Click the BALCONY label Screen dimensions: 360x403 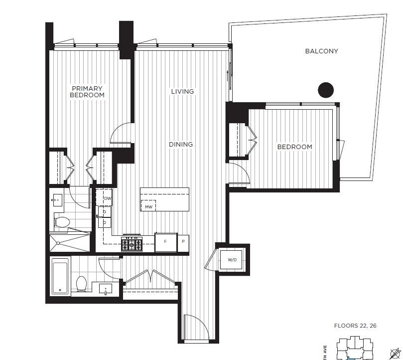(x=322, y=51)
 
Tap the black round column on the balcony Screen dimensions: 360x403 (x=326, y=90)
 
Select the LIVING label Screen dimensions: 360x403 (x=182, y=92)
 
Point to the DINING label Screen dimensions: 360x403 (x=180, y=145)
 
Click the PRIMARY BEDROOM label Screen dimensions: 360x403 (x=87, y=92)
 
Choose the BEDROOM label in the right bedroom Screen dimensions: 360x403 (x=294, y=147)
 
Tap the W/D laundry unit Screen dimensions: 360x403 (x=232, y=260)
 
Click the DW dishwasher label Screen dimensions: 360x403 (x=107, y=198)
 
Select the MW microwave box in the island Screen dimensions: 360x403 (x=148, y=206)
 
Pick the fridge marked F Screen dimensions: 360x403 (x=166, y=242)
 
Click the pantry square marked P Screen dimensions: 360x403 (x=183, y=242)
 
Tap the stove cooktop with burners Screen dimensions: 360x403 (x=132, y=243)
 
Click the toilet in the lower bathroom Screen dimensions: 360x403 (x=82, y=283)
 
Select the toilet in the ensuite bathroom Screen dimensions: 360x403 (x=62, y=222)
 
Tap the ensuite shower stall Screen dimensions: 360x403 (x=70, y=242)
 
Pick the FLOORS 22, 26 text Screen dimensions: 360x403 (x=355, y=326)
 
